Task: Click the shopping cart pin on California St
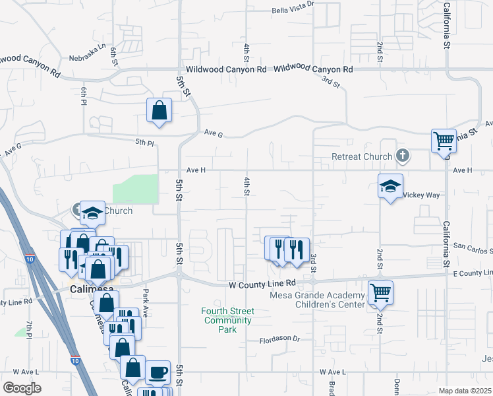444,141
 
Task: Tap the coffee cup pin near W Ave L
158,372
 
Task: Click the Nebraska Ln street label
92,49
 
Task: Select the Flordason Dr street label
279,339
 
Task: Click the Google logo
22,388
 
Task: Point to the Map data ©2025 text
465,391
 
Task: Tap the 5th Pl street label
144,142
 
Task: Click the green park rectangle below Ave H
135,189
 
